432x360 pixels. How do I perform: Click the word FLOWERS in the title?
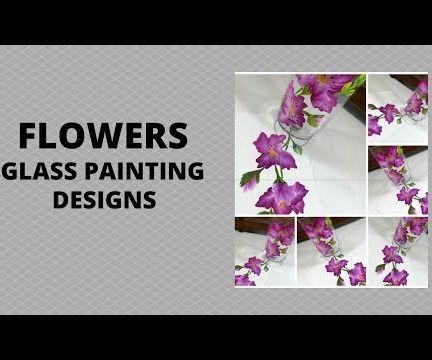click(x=104, y=135)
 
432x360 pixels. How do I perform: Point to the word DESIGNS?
click(x=104, y=199)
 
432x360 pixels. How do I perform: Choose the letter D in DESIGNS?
click(x=60, y=199)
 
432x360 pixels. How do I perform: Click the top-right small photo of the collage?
click(x=398, y=108)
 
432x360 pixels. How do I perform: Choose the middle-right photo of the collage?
click(x=398, y=179)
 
